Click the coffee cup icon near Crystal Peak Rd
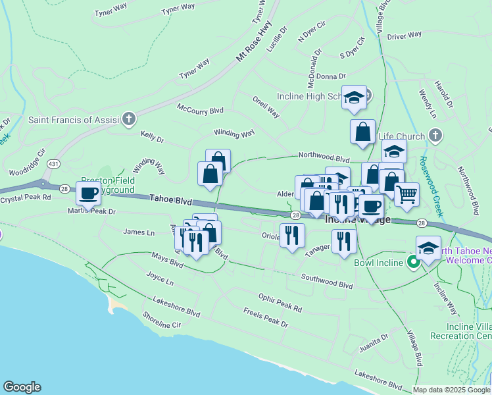click(88, 194)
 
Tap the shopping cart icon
click(406, 194)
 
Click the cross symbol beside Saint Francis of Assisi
click(129, 119)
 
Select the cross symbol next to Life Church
click(434, 136)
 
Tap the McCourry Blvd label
click(200, 109)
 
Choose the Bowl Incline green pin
click(414, 262)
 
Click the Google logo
click(22, 387)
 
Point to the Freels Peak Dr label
click(265, 318)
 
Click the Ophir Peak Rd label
click(280, 303)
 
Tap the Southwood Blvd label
click(327, 281)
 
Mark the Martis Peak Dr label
click(91, 211)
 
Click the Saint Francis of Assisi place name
click(72, 120)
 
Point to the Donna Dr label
click(330, 77)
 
